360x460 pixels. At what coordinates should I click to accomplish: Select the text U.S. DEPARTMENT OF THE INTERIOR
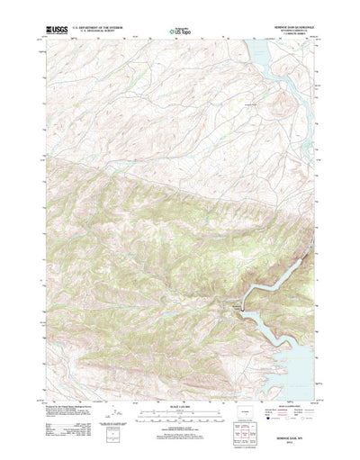tap(94, 29)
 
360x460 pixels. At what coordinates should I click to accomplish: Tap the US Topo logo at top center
tap(179, 32)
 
